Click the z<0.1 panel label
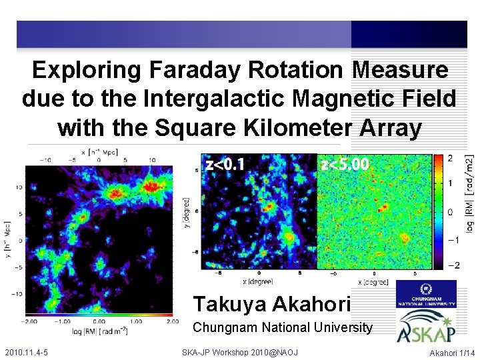coord(225,164)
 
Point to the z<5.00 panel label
coord(344,164)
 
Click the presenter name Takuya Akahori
coord(271,304)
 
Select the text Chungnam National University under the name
coord(282,327)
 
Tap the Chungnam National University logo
coord(426,293)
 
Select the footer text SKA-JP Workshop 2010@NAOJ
coord(239,352)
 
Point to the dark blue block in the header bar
coord(408,34)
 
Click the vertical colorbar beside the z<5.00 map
coord(441,212)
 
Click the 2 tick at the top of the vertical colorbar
coord(450,158)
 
